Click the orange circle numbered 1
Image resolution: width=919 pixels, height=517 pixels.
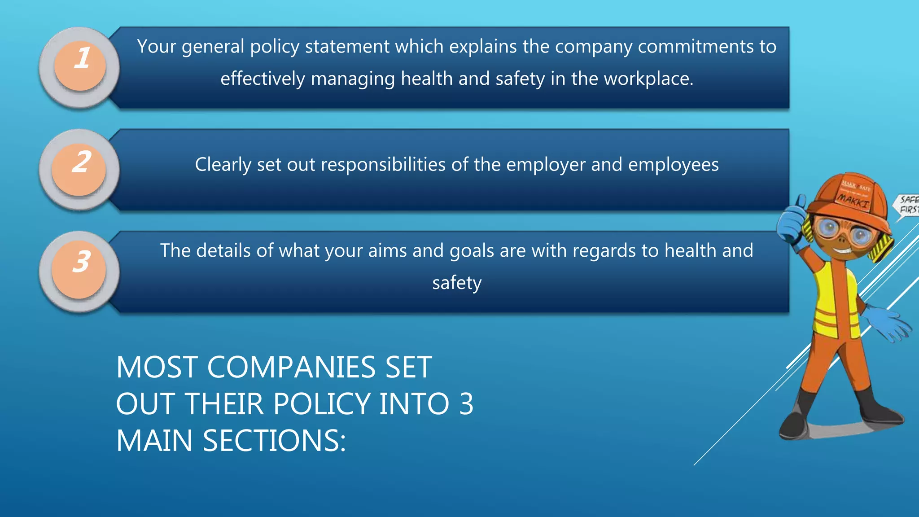tap(80, 66)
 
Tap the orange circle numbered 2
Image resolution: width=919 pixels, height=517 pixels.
tap(79, 169)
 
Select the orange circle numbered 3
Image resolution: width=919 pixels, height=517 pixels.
tap(79, 271)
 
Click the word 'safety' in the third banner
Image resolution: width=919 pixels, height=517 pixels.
tap(457, 283)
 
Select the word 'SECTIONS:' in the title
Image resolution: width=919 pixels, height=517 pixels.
tap(274, 440)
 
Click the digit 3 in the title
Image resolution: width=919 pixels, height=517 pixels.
tap(466, 403)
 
